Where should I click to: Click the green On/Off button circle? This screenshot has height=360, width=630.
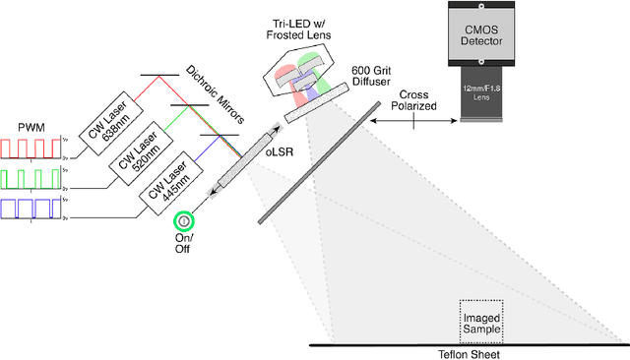click(182, 220)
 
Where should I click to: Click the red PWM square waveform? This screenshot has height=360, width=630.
click(31, 149)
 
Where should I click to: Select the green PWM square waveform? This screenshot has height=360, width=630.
click(31, 178)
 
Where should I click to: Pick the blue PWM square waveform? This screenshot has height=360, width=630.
click(31, 208)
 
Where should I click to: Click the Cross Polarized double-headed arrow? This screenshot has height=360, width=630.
click(414, 121)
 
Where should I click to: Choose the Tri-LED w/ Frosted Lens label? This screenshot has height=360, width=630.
click(303, 29)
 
